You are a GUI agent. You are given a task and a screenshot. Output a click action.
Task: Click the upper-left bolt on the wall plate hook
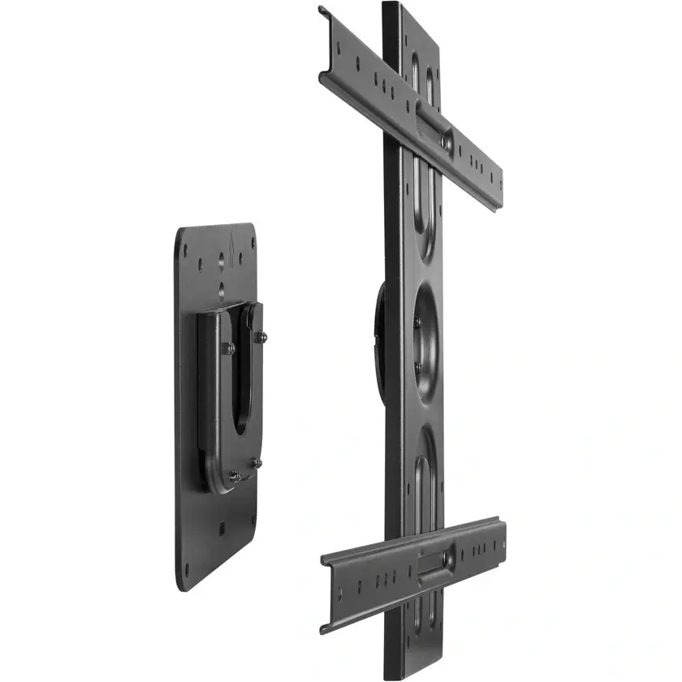pyautogui.click(x=230, y=348)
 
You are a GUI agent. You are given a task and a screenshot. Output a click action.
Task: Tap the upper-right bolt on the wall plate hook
pyautogui.click(x=261, y=335)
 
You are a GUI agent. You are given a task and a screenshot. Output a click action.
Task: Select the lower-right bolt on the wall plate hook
pyautogui.click(x=257, y=462)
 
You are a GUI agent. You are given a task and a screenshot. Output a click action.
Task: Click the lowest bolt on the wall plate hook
pyautogui.click(x=233, y=477)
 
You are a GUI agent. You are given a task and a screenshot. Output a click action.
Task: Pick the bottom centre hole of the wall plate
pyautogui.click(x=221, y=529)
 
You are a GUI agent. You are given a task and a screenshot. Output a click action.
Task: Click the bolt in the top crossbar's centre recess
pyautogui.click(x=445, y=140)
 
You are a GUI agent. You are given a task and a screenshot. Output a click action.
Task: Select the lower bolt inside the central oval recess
pyautogui.click(x=418, y=367)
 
